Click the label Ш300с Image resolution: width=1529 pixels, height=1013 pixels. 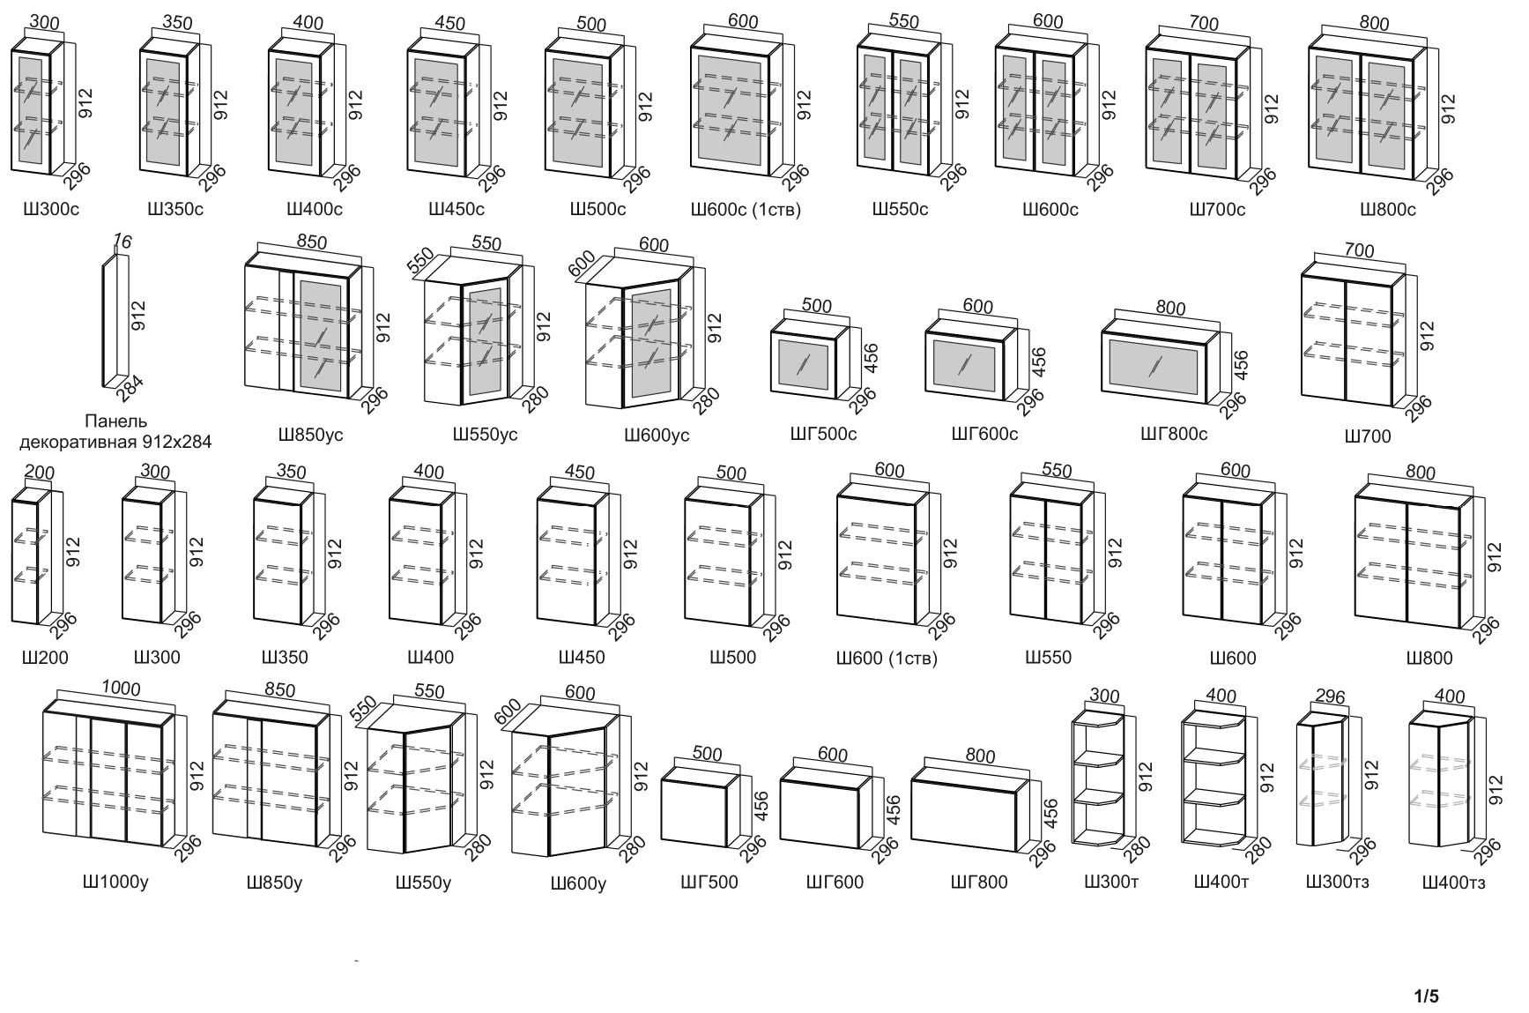tap(51, 210)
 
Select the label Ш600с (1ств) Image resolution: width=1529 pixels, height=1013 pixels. tap(746, 210)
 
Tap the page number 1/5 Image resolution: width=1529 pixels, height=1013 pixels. tap(1426, 997)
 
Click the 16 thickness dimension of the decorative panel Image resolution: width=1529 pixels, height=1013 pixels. tap(122, 241)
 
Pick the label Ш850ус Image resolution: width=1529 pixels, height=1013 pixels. tap(310, 435)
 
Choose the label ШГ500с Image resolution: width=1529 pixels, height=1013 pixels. tap(823, 434)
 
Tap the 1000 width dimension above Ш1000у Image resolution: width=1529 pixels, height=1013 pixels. tap(121, 689)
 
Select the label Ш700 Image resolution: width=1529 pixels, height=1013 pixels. tap(1368, 436)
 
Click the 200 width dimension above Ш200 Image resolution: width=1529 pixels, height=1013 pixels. tap(40, 473)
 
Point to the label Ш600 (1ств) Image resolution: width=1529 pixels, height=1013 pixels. tap(887, 659)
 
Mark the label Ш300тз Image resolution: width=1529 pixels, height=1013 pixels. tap(1337, 882)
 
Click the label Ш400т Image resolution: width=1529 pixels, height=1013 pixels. tap(1221, 882)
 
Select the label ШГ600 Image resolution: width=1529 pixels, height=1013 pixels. tap(835, 882)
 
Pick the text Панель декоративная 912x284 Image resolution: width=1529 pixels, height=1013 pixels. tap(115, 432)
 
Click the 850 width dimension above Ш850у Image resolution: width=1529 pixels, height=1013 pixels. tap(280, 690)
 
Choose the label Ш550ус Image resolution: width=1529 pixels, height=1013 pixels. tap(485, 435)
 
